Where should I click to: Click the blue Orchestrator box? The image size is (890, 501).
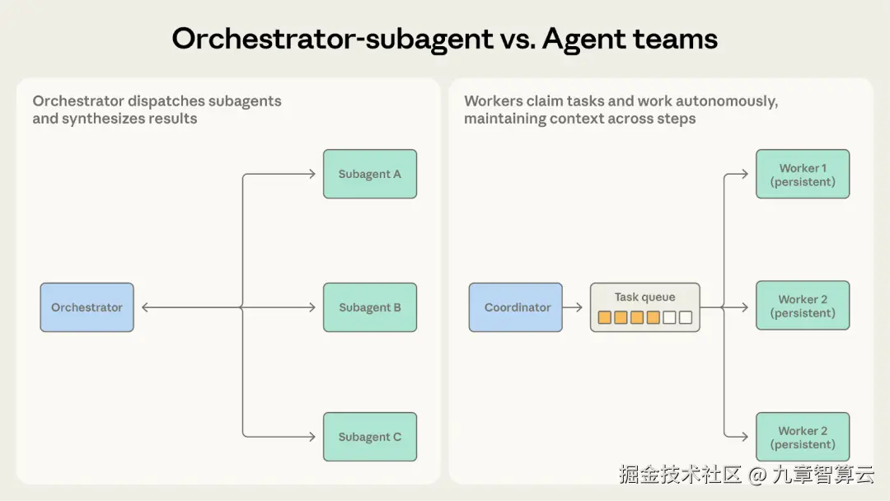click(87, 307)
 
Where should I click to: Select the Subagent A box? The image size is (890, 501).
click(369, 174)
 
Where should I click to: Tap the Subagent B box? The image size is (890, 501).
click(369, 307)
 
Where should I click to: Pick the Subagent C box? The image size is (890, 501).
click(369, 437)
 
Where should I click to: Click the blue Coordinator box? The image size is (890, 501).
click(516, 307)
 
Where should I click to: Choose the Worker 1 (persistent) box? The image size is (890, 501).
click(803, 174)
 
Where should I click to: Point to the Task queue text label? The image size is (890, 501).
click(644, 297)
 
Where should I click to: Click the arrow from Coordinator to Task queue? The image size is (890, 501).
click(573, 307)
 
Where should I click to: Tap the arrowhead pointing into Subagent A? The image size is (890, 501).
click(311, 174)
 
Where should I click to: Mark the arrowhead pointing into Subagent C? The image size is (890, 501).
click(311, 437)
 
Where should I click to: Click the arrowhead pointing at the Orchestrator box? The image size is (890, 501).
click(145, 307)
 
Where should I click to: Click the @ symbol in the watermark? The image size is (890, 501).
click(756, 474)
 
